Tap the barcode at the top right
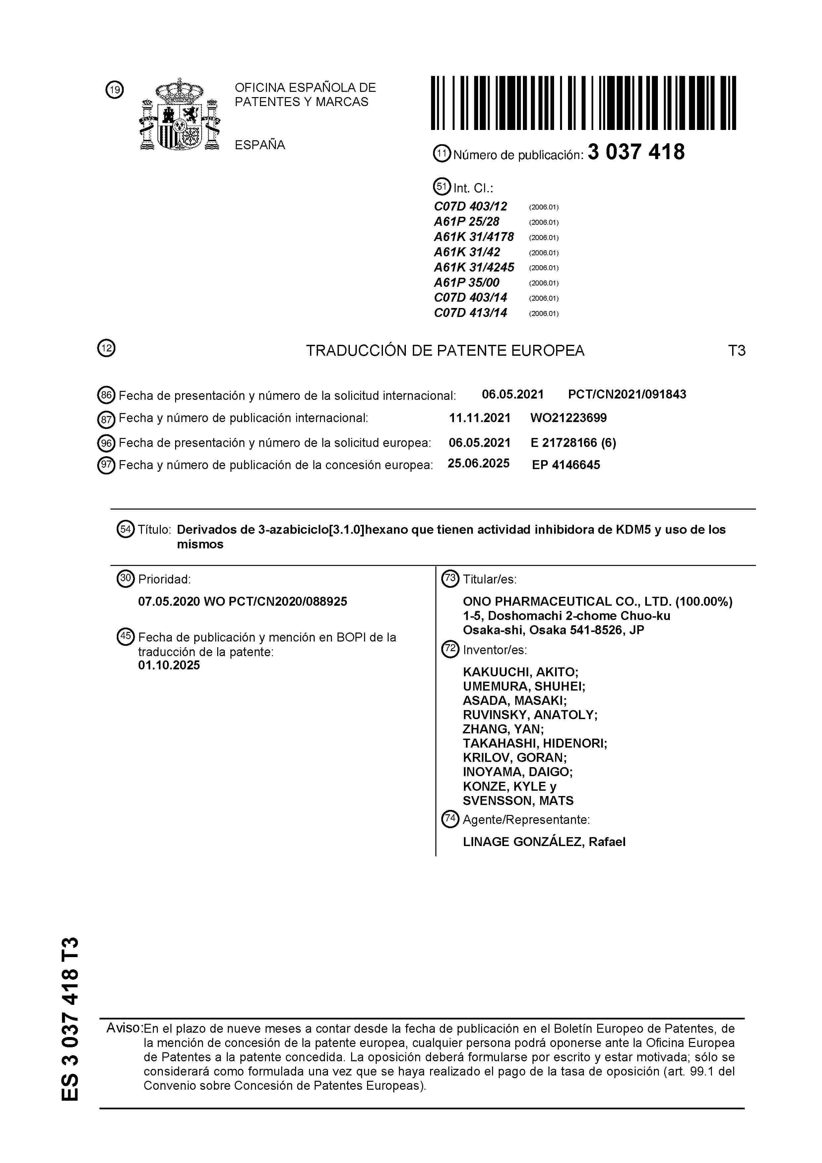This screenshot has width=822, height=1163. [583, 103]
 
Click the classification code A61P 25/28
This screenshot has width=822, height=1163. [467, 222]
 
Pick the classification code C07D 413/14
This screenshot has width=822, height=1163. [471, 313]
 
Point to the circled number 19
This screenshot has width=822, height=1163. [114, 90]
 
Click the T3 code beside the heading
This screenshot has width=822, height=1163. [736, 350]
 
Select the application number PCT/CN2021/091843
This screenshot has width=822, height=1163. [627, 395]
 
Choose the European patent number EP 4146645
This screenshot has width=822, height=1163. [566, 465]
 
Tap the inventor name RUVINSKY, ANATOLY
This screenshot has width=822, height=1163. [530, 715]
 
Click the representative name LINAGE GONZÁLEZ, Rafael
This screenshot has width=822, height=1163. [544, 842]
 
